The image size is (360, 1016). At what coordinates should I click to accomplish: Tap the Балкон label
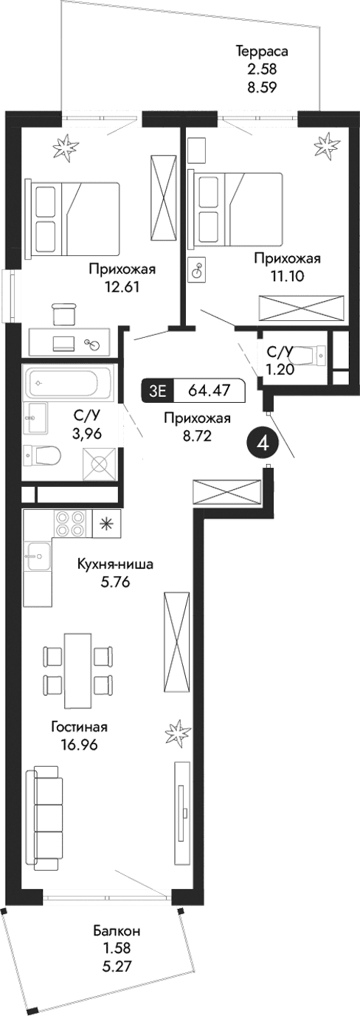[x=117, y=930]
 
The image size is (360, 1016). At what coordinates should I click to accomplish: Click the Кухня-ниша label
[x=117, y=565]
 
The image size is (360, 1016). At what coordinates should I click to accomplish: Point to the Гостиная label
[x=75, y=727]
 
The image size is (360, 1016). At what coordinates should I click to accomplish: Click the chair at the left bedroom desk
[x=66, y=314]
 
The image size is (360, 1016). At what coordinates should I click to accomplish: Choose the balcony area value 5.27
[x=117, y=963]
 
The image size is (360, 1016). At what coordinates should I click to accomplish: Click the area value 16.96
[x=75, y=743]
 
